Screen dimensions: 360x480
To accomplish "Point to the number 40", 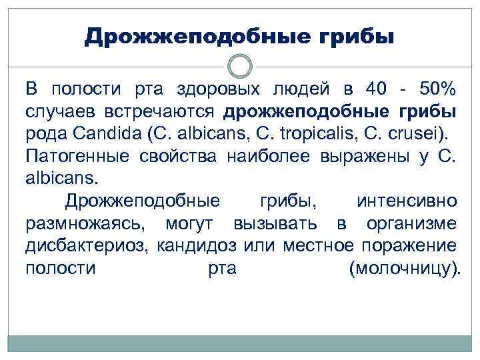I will click(x=377, y=89).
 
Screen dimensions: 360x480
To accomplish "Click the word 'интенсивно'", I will click(x=407, y=201).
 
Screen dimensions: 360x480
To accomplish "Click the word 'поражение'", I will click(x=409, y=245).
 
